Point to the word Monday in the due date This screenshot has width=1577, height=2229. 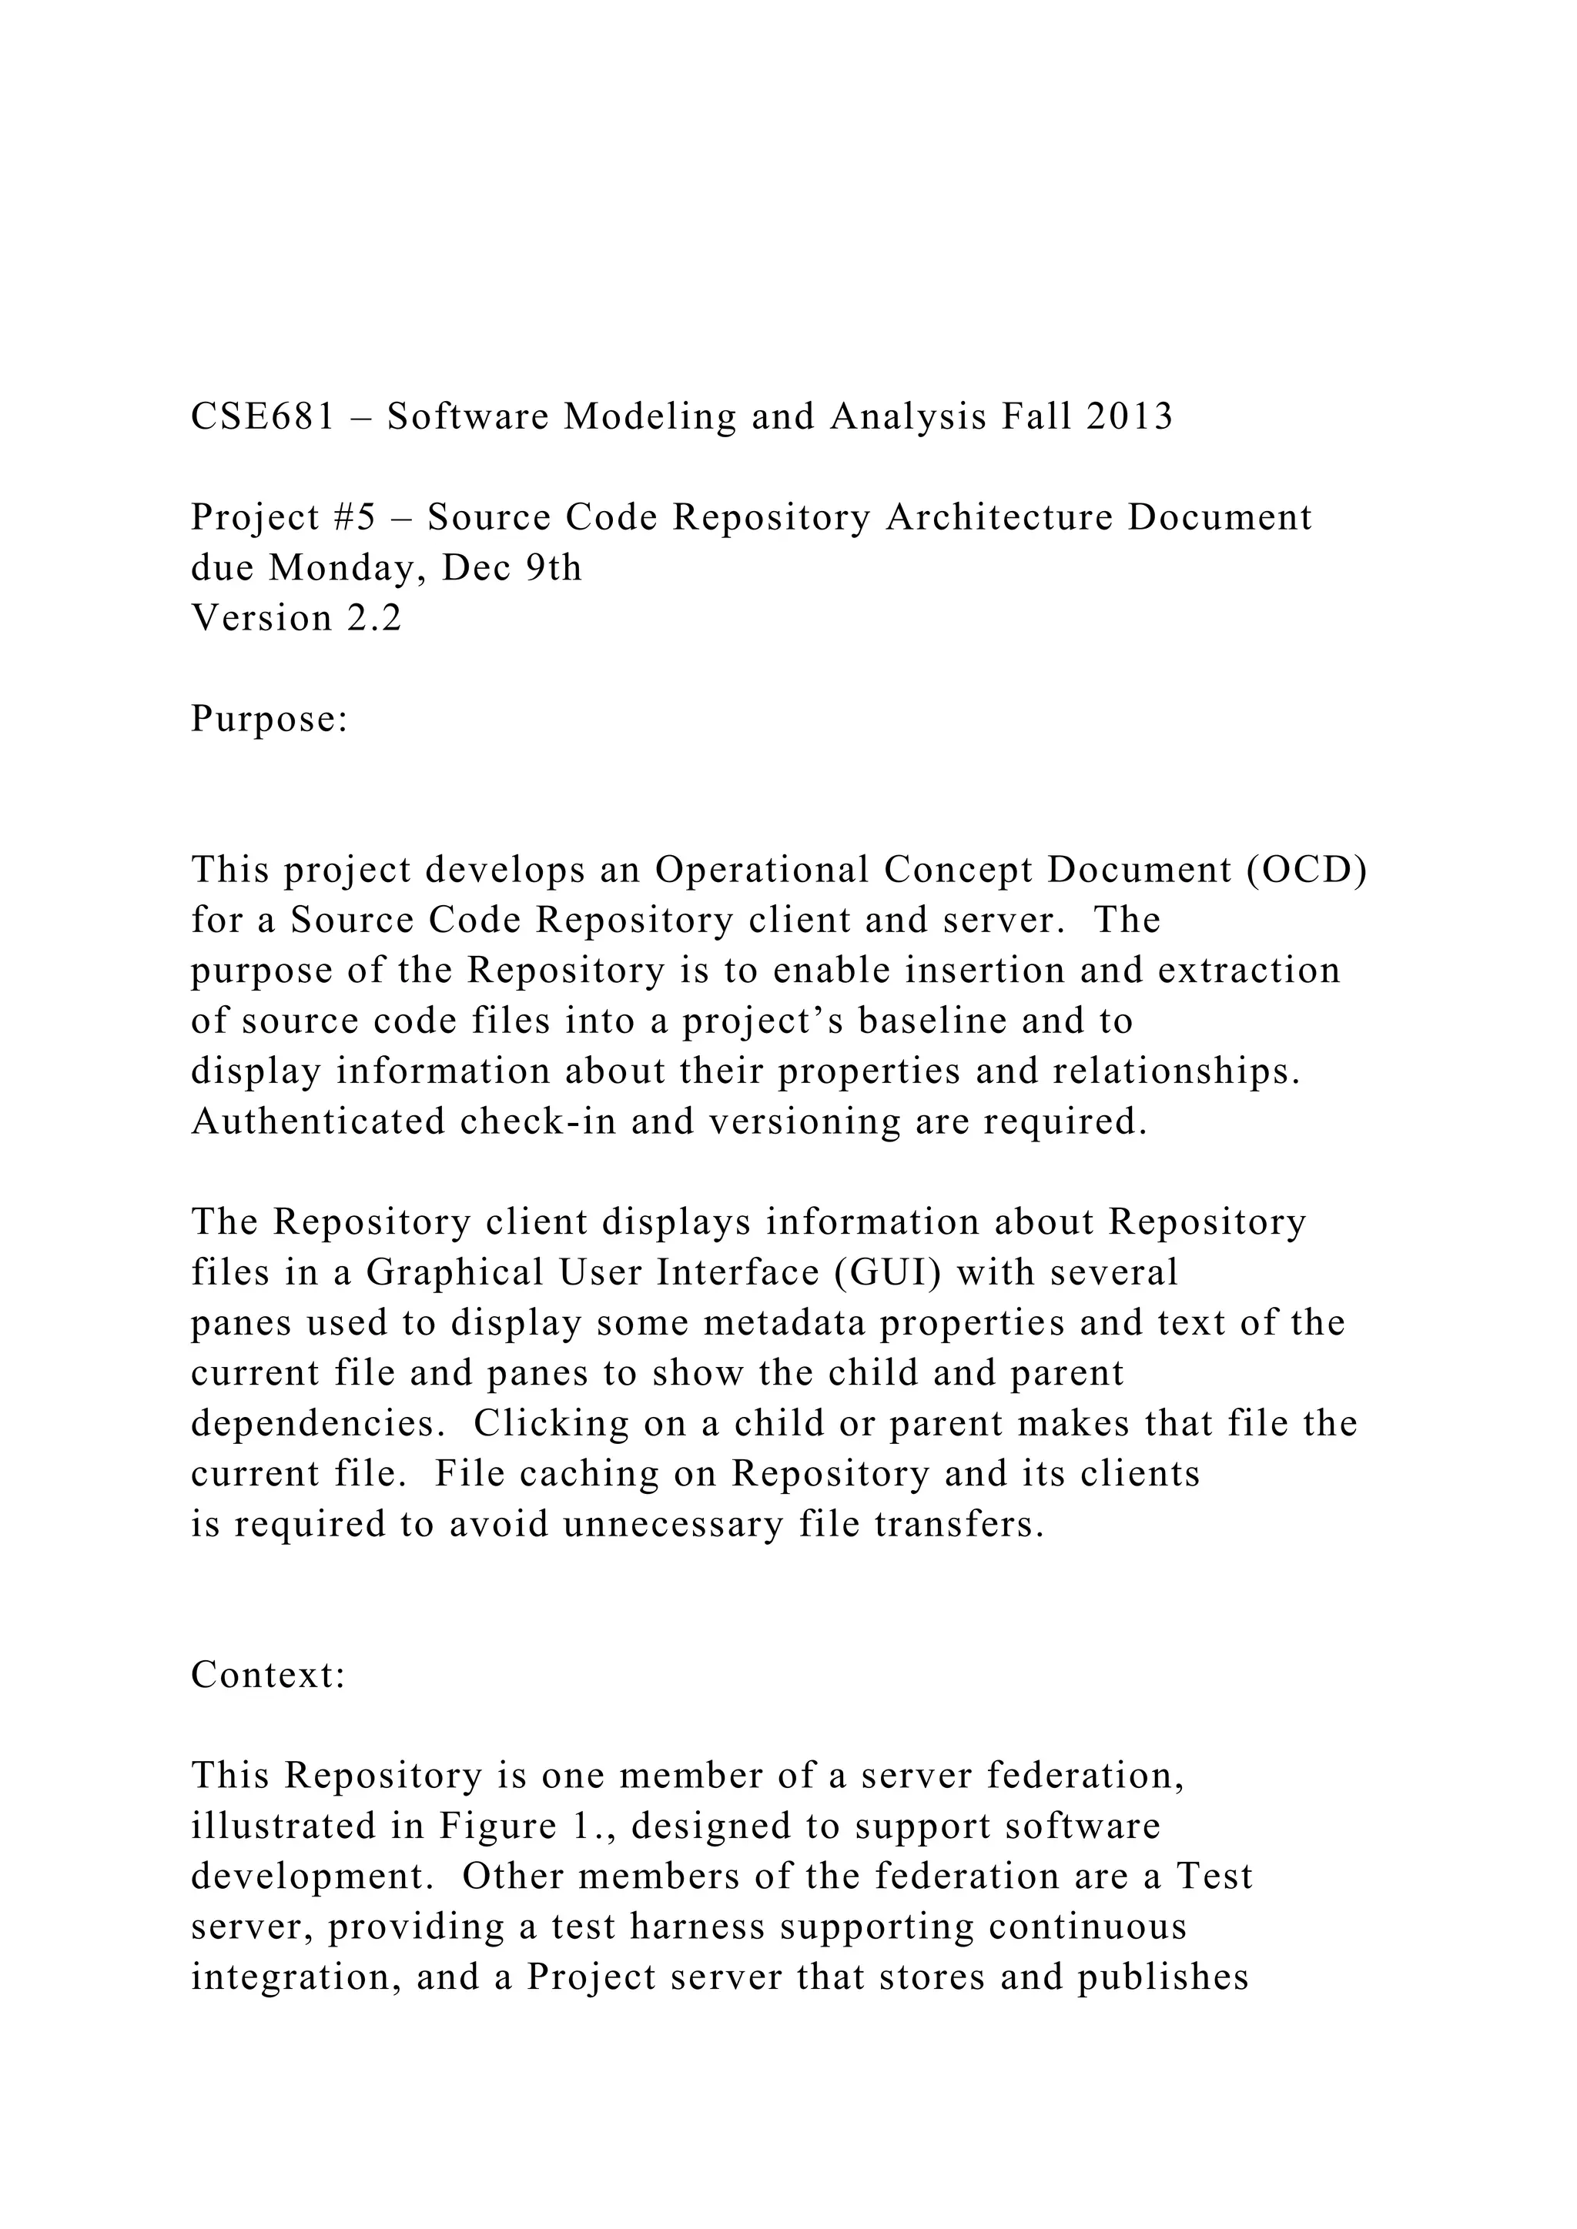point(347,568)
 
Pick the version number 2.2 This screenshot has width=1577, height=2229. point(375,618)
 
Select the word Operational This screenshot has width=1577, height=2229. point(762,870)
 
